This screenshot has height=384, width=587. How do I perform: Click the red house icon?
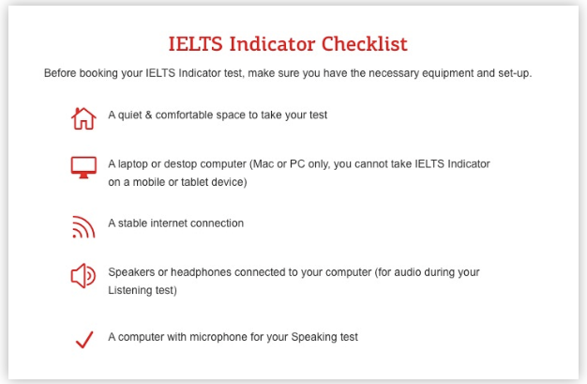[x=83, y=118]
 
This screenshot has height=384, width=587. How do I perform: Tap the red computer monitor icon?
[x=83, y=167]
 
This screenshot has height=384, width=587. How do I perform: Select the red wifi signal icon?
[x=83, y=227]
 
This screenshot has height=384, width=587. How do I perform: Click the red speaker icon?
[x=83, y=276]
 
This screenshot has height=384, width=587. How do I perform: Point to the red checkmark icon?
[x=84, y=339]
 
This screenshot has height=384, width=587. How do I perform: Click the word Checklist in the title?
[x=364, y=44]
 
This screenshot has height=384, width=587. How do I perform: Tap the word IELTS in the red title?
[x=195, y=44]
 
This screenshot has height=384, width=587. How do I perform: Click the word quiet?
[x=130, y=115]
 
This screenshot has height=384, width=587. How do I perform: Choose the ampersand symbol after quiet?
[x=148, y=115]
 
